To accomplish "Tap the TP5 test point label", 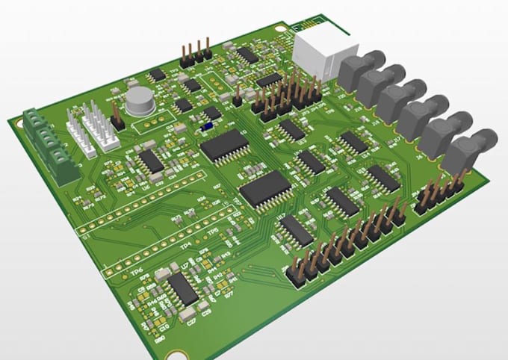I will [214, 232].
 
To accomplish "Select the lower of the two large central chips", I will [265, 188].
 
